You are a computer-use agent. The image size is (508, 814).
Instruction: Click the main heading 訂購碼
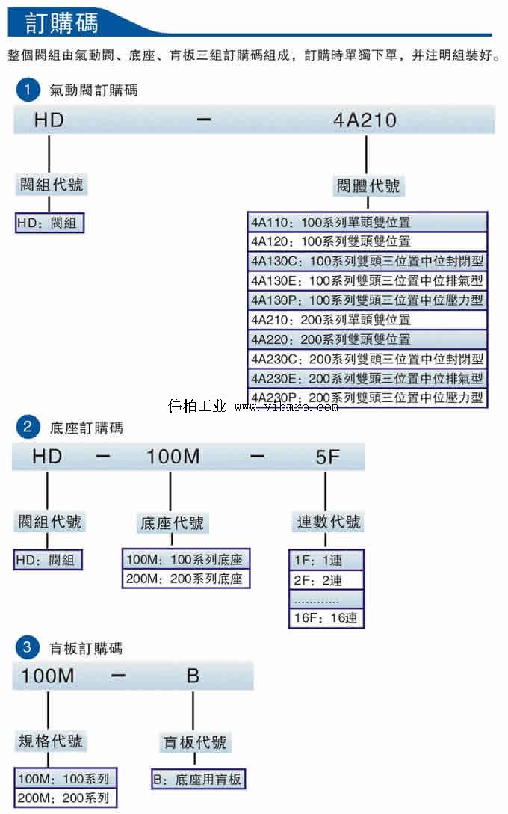pyautogui.click(x=61, y=22)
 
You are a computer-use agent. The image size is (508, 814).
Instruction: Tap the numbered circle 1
pyautogui.click(x=27, y=90)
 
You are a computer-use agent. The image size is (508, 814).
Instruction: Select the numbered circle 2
pyautogui.click(x=27, y=428)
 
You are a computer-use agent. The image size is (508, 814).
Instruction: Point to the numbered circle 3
pyautogui.click(x=27, y=647)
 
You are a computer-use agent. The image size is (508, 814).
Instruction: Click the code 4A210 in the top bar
pyautogui.click(x=365, y=120)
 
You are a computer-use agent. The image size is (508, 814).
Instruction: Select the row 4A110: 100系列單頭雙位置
pyautogui.click(x=367, y=222)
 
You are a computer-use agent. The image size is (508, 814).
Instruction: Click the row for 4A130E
pyautogui.click(x=367, y=280)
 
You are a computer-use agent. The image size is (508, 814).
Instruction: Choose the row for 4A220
pyautogui.click(x=367, y=339)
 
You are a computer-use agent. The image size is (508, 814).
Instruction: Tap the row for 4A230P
pyautogui.click(x=367, y=397)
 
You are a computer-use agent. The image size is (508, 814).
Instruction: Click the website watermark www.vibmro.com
pyautogui.click(x=286, y=407)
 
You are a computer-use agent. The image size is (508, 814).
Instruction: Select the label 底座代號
pyautogui.click(x=172, y=523)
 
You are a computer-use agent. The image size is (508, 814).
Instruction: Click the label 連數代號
pyautogui.click(x=329, y=522)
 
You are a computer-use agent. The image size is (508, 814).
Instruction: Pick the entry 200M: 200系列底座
pyautogui.click(x=184, y=579)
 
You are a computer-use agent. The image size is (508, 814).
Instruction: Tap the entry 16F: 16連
pyautogui.click(x=326, y=618)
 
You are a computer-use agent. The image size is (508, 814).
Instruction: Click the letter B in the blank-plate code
pyautogui.click(x=193, y=676)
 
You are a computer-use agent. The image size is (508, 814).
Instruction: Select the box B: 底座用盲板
pyautogui.click(x=198, y=780)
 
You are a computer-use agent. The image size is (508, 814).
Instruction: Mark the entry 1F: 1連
pyautogui.click(x=326, y=560)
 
